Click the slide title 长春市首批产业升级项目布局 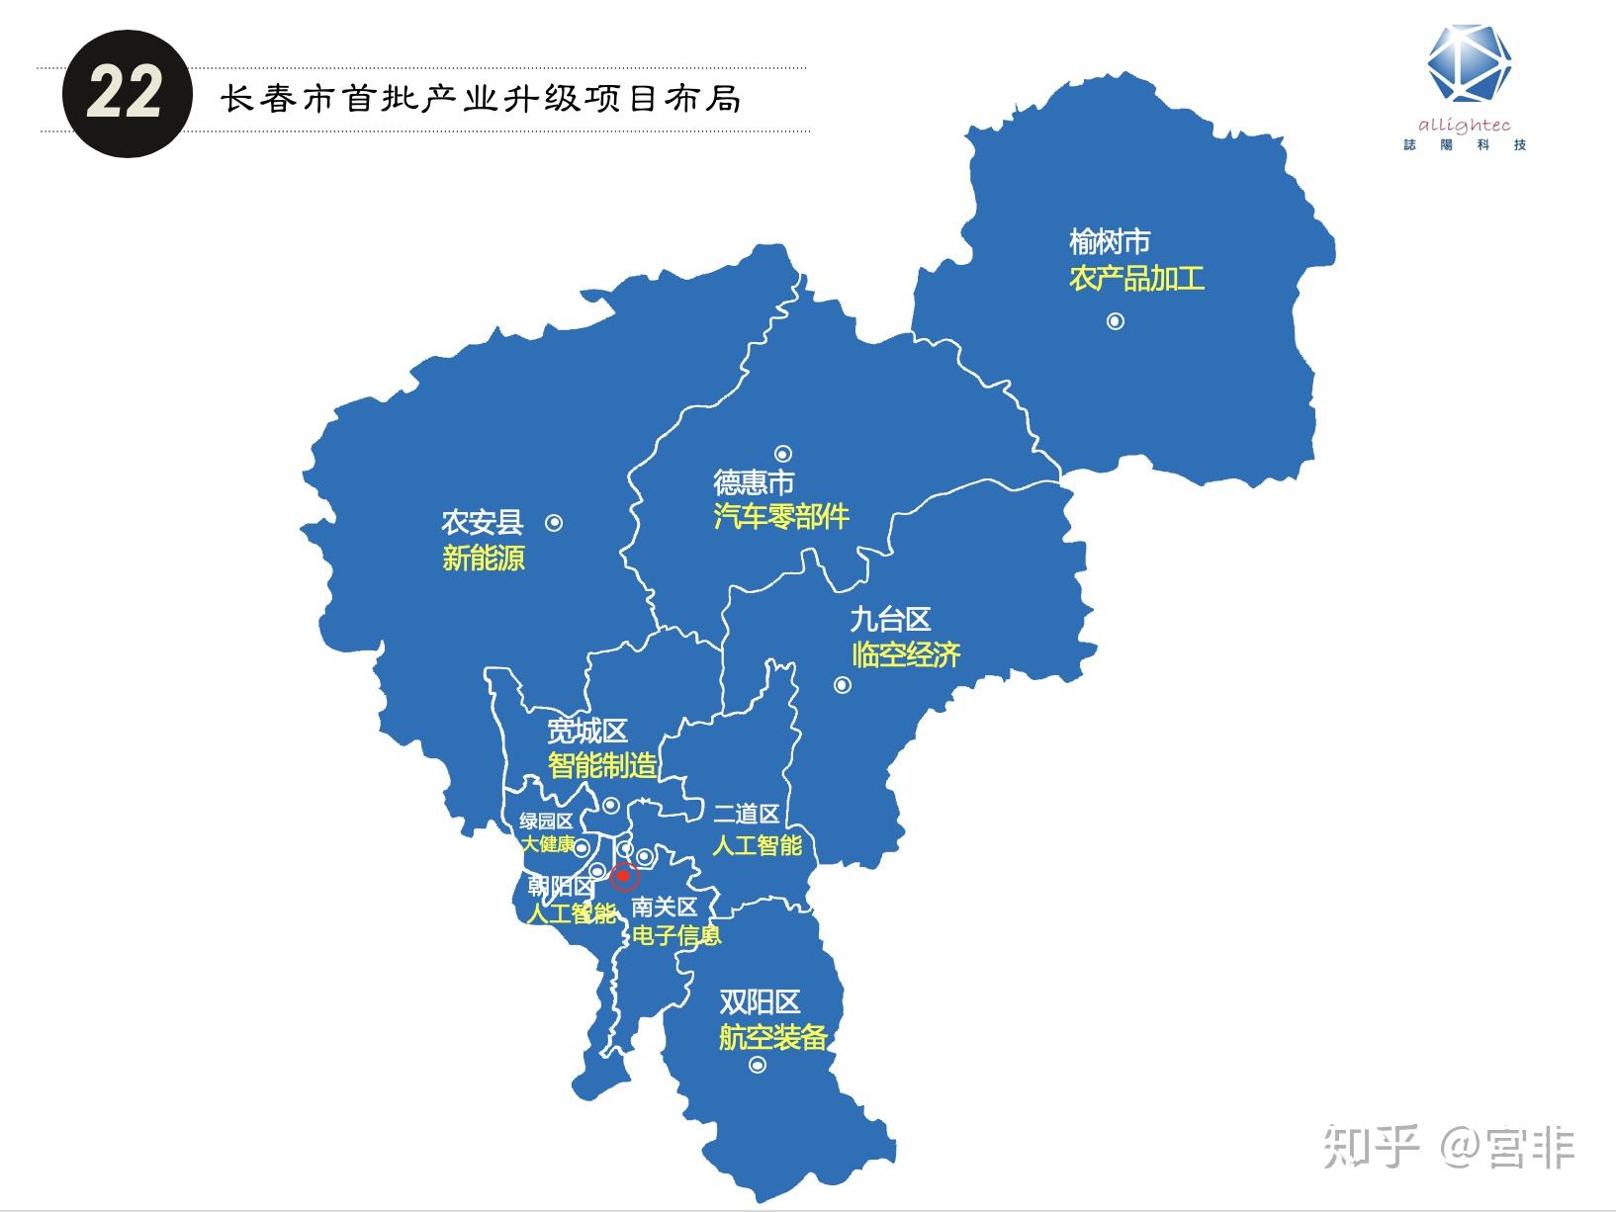click(481, 99)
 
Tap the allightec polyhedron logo click(1469, 64)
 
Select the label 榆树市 click(1110, 241)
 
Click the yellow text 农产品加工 click(1136, 278)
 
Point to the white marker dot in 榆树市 click(1116, 321)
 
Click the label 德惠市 click(754, 482)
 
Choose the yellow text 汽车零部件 click(781, 517)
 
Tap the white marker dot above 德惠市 click(782, 454)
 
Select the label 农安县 click(483, 522)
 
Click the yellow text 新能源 click(484, 559)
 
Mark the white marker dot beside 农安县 click(554, 522)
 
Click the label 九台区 click(890, 620)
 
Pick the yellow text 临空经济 click(906, 654)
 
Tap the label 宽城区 click(587, 732)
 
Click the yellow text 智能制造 click(602, 765)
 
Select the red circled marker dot click(623, 876)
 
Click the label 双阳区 click(759, 1002)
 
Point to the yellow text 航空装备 click(772, 1037)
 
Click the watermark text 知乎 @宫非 click(1448, 1147)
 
